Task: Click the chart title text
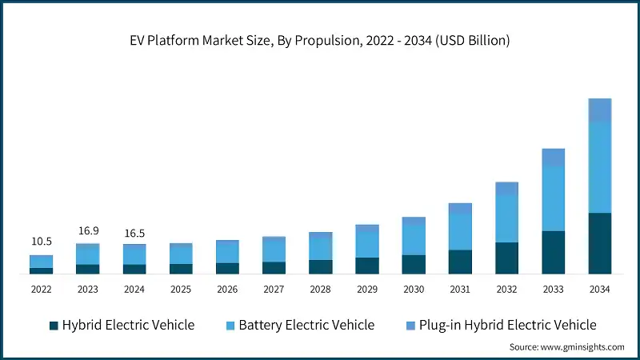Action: pos(319,41)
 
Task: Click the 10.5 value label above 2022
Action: pos(42,242)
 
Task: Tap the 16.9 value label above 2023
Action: pos(88,231)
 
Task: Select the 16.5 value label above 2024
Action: pos(134,233)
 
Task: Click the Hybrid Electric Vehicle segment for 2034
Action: pos(599,243)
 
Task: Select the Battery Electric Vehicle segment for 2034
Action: pos(599,167)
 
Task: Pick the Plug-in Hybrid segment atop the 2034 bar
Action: pos(599,110)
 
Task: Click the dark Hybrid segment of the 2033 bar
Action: pos(553,252)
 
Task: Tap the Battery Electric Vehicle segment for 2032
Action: pos(506,218)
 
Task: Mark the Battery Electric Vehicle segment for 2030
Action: pos(414,240)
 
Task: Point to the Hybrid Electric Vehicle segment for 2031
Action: pos(460,262)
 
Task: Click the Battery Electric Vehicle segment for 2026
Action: pos(227,252)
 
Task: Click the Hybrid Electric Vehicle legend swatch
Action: pos(54,325)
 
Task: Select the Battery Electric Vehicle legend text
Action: pos(306,325)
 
